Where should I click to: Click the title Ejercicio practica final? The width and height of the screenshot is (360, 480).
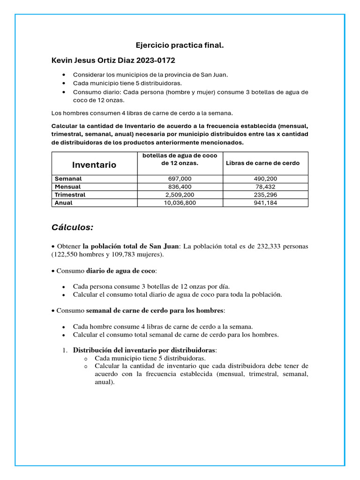coord(180,45)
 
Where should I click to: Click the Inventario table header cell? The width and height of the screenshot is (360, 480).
coord(94,165)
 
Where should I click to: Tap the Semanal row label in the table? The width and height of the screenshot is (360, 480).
coord(68,179)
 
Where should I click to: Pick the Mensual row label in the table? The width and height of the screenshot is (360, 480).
coord(67,187)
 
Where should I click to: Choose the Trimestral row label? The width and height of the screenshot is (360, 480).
coord(70,195)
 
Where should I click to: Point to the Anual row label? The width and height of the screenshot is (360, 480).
coord(64,203)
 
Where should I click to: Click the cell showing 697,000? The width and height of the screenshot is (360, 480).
coord(180,179)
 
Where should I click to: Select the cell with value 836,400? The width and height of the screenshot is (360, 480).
coord(180,187)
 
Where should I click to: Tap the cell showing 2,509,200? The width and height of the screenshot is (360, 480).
coord(180,195)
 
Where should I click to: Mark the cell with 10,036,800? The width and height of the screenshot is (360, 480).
coord(180,203)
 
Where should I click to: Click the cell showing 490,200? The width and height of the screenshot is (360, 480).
coord(265,179)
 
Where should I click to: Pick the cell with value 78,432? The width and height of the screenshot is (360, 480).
coord(265,187)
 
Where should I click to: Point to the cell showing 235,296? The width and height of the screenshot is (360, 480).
coord(265,195)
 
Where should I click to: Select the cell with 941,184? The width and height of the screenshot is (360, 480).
coord(265,203)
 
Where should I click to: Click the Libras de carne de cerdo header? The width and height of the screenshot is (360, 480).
coord(262,163)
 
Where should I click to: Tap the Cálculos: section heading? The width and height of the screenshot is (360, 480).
coord(72,227)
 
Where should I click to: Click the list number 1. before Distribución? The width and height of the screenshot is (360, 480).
coord(65,350)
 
